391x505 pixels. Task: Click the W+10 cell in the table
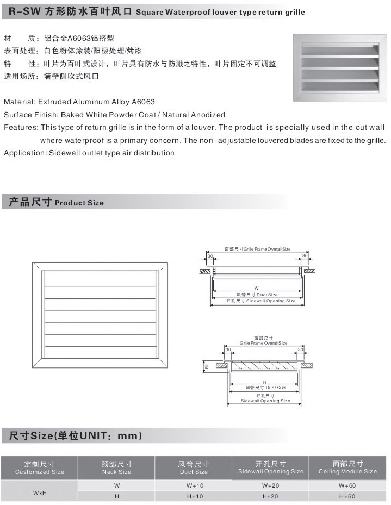tap(194, 485)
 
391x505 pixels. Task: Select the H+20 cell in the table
tap(270, 496)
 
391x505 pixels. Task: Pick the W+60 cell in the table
tap(347, 485)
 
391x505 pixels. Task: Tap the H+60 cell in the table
tap(347, 496)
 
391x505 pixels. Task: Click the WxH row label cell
tap(40, 492)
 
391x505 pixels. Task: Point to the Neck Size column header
tap(116, 467)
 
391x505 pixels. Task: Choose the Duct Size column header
tap(194, 467)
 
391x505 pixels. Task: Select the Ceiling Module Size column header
tap(347, 467)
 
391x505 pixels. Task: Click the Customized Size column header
tap(40, 467)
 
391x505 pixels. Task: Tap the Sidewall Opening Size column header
tap(270, 467)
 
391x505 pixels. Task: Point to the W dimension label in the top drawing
tap(256, 287)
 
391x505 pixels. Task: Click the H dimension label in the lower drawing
tap(264, 382)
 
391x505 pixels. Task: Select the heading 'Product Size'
tap(79, 203)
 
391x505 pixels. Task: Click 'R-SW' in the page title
tap(22, 11)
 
